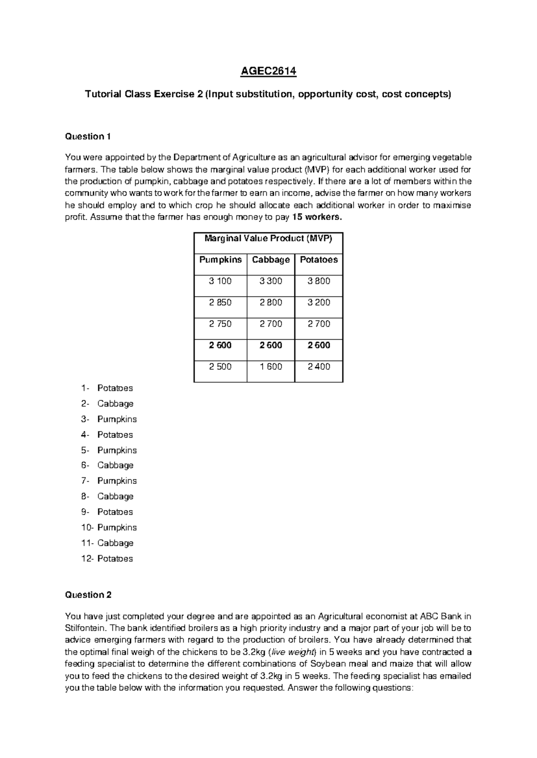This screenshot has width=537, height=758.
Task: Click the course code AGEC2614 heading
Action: tap(268, 72)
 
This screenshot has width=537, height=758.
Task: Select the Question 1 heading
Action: tap(88, 136)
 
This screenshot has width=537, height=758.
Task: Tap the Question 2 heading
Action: tap(88, 594)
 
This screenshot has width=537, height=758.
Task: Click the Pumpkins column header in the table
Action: tap(220, 260)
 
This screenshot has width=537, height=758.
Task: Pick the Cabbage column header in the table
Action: tap(271, 260)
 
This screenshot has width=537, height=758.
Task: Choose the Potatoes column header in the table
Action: tap(319, 260)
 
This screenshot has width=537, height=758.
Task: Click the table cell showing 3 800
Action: tap(319, 281)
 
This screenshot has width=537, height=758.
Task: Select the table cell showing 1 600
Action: tap(271, 366)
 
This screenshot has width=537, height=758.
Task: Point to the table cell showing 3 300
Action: tap(271, 281)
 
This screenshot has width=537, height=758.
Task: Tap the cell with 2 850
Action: tap(220, 303)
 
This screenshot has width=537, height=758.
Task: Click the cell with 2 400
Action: tap(319, 366)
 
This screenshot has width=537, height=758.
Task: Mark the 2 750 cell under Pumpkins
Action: tap(220, 324)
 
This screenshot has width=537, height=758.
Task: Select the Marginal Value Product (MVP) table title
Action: tap(268, 239)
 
